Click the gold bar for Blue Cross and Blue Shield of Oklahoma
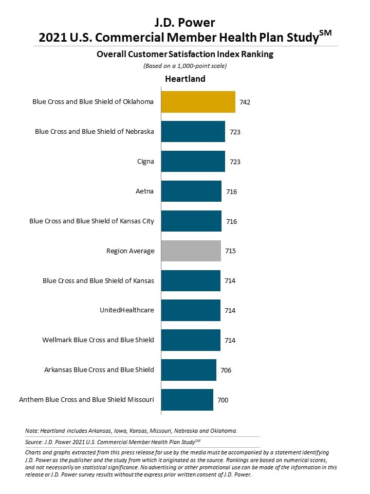(x=198, y=102)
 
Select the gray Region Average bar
(x=191, y=251)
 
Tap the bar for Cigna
(x=193, y=161)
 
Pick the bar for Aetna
(x=191, y=191)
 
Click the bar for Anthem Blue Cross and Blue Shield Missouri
(x=187, y=400)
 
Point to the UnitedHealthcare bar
(x=191, y=310)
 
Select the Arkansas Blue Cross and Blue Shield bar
(x=189, y=370)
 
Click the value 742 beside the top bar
(x=245, y=102)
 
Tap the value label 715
(x=230, y=251)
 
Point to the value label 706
(x=226, y=370)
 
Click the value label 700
(x=223, y=400)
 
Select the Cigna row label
(x=145, y=162)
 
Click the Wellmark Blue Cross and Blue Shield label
(x=98, y=340)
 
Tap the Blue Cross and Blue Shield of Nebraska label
(x=95, y=131)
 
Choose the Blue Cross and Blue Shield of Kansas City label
(x=91, y=221)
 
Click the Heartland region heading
(x=185, y=79)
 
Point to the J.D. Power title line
(x=184, y=22)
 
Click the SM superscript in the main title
(x=325, y=33)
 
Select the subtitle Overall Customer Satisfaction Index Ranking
(x=185, y=54)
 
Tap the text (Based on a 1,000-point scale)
(x=185, y=66)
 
